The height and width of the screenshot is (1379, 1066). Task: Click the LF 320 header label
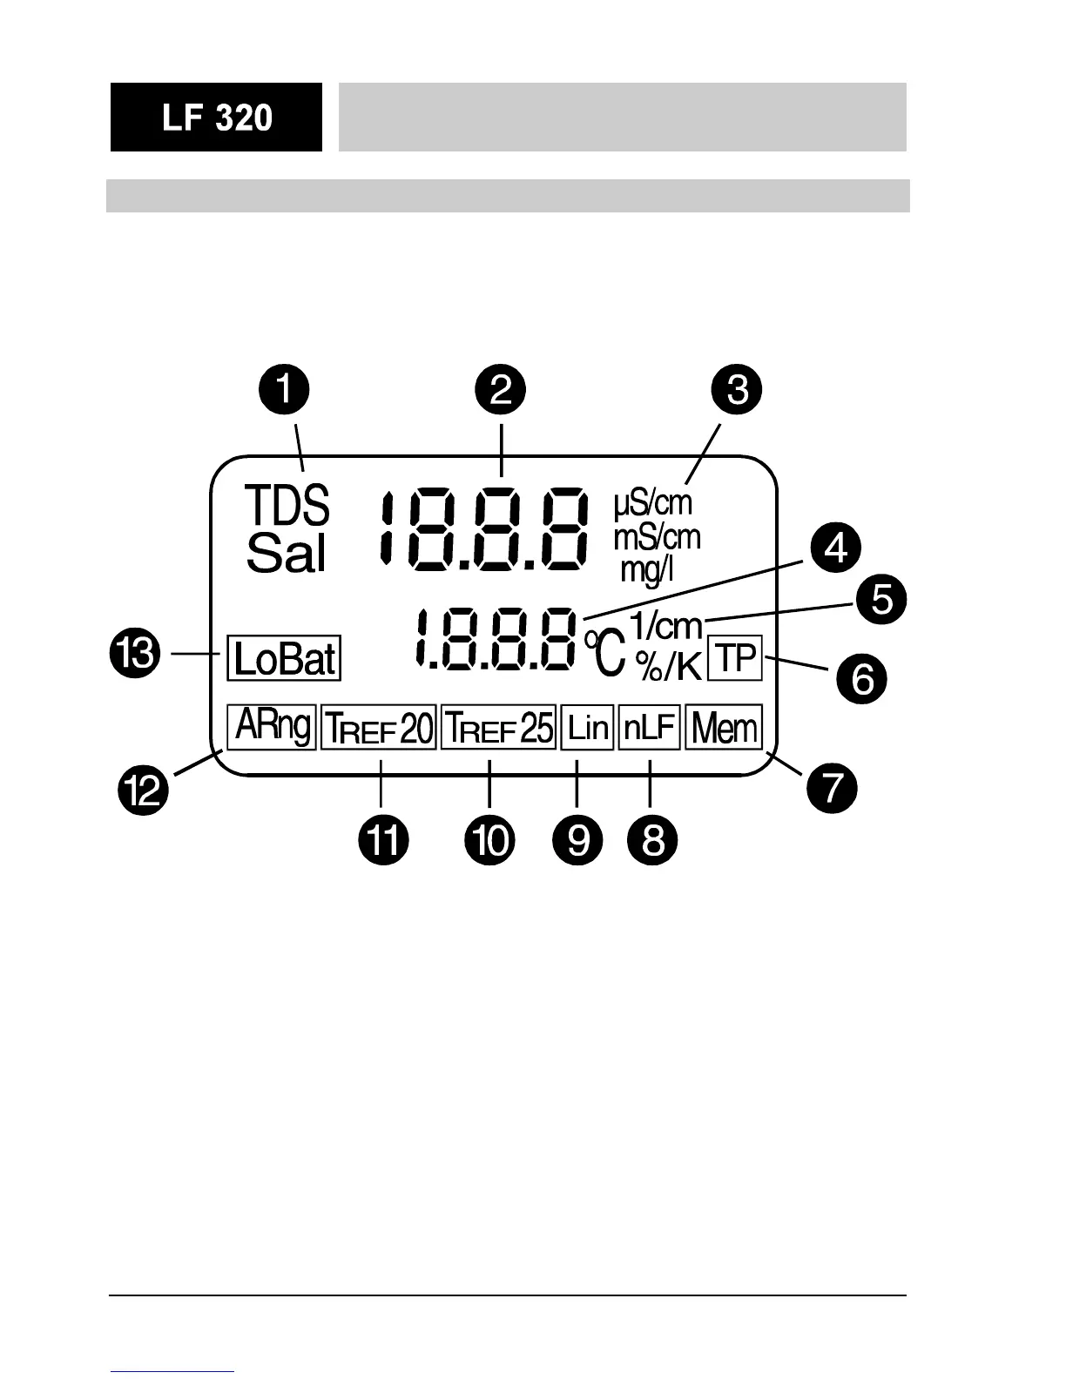tap(216, 118)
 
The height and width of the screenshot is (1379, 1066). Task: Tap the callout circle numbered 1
tap(284, 391)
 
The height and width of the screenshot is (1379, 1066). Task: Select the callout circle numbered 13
tap(135, 654)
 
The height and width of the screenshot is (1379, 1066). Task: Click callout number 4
tap(835, 550)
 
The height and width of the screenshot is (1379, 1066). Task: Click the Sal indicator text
tap(286, 553)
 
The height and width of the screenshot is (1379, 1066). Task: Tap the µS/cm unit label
tap(653, 503)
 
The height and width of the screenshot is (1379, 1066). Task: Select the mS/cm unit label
tap(657, 537)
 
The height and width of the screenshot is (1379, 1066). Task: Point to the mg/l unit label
tap(646, 570)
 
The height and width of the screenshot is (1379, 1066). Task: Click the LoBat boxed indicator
tap(284, 658)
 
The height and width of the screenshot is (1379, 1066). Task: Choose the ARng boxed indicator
tap(272, 726)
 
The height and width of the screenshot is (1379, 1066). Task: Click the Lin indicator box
tap(588, 727)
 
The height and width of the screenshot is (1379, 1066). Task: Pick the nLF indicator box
tap(650, 727)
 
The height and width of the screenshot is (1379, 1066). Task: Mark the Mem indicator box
tap(724, 727)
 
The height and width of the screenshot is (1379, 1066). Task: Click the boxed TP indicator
tap(736, 658)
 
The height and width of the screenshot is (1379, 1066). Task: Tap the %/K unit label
tap(668, 666)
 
